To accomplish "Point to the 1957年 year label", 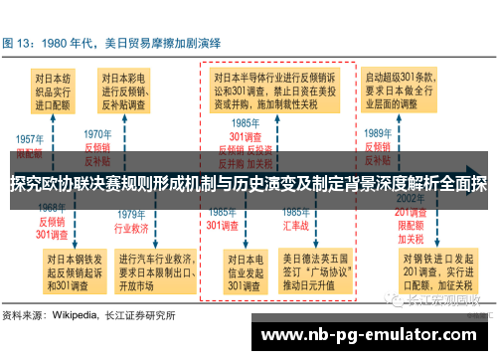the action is coord(30,139).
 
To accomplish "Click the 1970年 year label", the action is coord(96,134).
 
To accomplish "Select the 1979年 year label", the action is coord(131,213).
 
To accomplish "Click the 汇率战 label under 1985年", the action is coord(295,225).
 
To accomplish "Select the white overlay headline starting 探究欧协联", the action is coord(248,184).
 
